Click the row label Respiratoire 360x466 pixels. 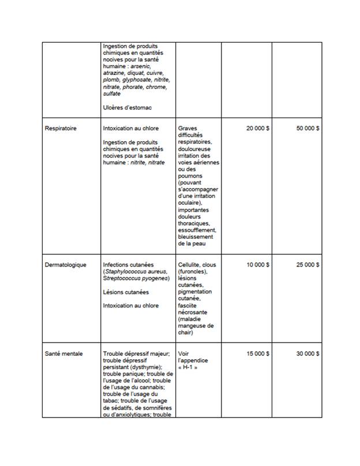pyautogui.click(x=61, y=128)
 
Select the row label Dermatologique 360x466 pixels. pyautogui.click(x=66, y=265)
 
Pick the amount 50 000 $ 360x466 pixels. pyautogui.click(x=308, y=128)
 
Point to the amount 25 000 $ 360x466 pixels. pyautogui.click(x=308, y=265)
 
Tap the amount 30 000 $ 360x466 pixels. pyautogui.click(x=308, y=353)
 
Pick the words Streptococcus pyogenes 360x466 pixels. pyautogui.click(x=135, y=279)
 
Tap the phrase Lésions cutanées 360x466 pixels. pyautogui.click(x=125, y=292)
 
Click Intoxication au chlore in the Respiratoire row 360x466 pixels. pyautogui.click(x=130, y=128)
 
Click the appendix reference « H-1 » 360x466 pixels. pyautogui.click(x=188, y=367)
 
